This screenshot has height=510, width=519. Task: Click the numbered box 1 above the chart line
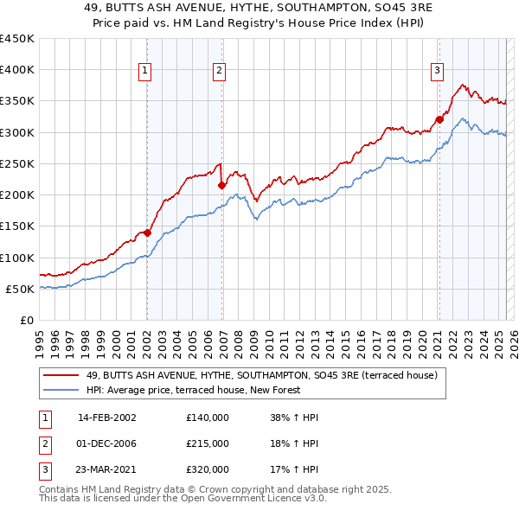coord(144,71)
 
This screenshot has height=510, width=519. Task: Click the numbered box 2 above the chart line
coord(220,71)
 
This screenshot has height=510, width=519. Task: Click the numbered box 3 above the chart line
coord(438,71)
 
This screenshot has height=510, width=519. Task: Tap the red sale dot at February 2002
coord(147,233)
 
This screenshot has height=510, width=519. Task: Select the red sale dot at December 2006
coord(222,185)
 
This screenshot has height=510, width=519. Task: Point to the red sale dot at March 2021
coord(439,119)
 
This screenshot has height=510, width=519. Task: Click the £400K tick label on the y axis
coord(17,70)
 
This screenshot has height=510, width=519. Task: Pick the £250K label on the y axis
coord(17,163)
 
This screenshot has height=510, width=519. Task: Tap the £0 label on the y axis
coord(26,320)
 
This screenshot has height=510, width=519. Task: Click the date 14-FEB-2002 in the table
coord(107,418)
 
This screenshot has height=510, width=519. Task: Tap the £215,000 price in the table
coord(208,443)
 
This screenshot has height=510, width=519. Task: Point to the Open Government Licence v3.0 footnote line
coord(183,499)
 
